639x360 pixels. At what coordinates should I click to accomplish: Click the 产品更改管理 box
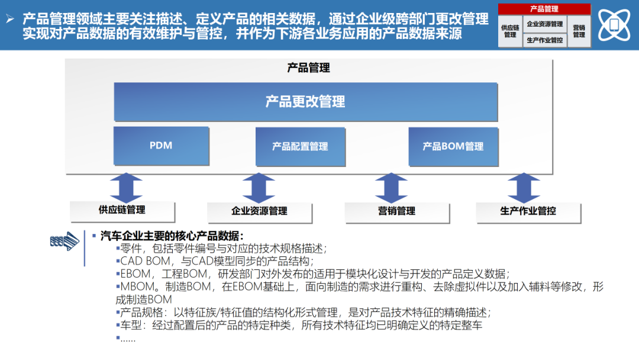[305, 102]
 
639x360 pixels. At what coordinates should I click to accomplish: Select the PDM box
[161, 146]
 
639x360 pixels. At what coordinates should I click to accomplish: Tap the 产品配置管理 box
[300, 146]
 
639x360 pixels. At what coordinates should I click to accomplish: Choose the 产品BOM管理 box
[453, 146]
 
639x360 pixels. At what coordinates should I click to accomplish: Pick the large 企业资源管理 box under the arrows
[259, 211]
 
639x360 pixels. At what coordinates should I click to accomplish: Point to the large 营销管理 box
[396, 211]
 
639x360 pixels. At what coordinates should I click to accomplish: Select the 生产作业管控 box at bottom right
[528, 211]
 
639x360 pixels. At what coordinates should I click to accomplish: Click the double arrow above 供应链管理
[125, 188]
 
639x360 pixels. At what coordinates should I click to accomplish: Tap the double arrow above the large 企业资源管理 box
[259, 188]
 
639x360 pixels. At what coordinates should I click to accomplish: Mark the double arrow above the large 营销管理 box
[390, 188]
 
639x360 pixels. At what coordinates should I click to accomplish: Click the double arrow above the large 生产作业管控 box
[524, 188]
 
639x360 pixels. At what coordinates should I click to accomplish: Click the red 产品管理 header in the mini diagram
[544, 9]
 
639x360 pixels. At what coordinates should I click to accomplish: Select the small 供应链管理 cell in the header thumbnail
[510, 31]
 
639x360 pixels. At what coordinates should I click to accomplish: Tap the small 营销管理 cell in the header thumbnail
[579, 31]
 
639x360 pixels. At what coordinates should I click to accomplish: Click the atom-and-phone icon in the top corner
[614, 24]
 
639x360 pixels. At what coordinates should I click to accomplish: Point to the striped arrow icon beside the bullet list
[64, 241]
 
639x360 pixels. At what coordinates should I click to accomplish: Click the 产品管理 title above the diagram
[308, 67]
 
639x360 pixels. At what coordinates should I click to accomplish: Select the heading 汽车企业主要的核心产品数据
[172, 236]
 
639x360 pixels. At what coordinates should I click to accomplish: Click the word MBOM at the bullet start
[134, 286]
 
